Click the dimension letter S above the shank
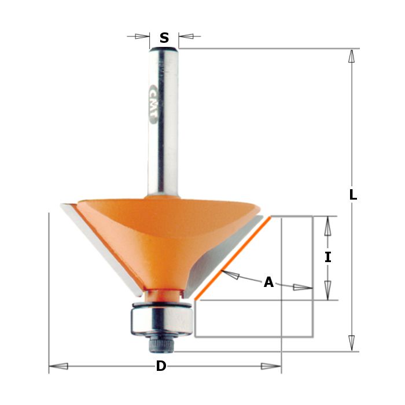(x=164, y=38)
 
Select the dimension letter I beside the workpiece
(x=328, y=257)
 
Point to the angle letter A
(x=268, y=282)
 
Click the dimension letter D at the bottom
(x=161, y=366)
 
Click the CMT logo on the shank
(x=153, y=104)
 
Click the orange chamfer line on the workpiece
(x=233, y=258)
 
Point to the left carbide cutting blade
(x=101, y=248)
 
